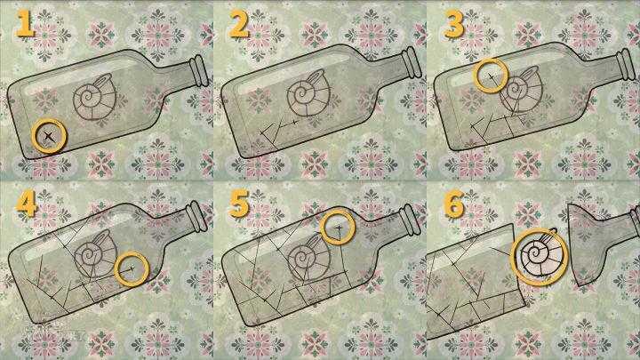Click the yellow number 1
[25, 25]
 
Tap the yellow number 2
[239, 25]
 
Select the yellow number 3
[453, 25]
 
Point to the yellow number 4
[27, 204]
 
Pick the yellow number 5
[239, 204]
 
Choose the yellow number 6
[453, 204]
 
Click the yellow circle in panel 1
[33, 136]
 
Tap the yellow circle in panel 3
[475, 76]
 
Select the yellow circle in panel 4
[116, 268]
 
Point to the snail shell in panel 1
[95, 97]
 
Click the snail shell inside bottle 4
[95, 254]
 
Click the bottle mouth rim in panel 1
[199, 70]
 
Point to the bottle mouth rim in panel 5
[410, 220]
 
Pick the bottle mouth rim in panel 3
[626, 65]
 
